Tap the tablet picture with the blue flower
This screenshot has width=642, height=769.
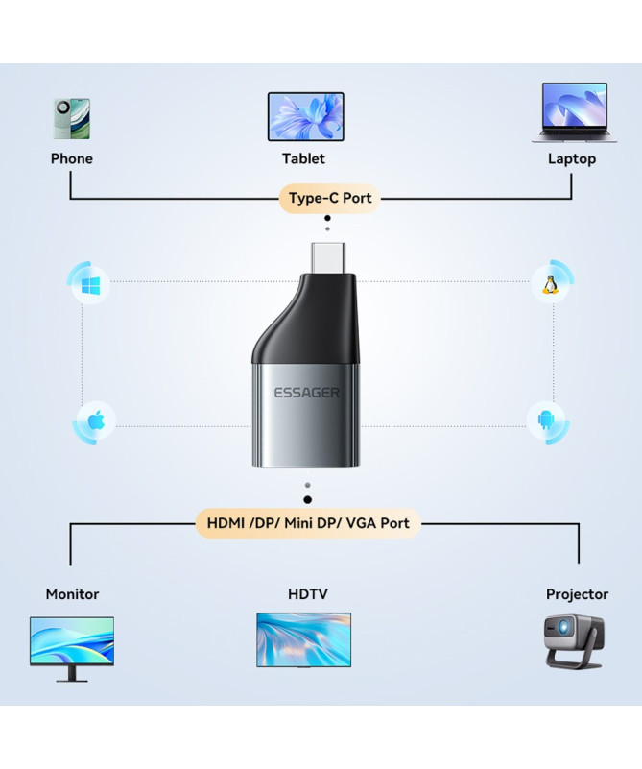tap(304, 116)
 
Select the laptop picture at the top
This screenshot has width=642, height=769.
tap(574, 113)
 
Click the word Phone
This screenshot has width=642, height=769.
tap(72, 158)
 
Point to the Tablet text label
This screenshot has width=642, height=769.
tap(303, 158)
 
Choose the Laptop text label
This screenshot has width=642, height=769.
tap(571, 158)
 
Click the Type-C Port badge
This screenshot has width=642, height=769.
tap(329, 199)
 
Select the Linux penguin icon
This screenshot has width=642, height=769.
tap(550, 285)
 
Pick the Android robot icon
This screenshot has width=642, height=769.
tap(548, 421)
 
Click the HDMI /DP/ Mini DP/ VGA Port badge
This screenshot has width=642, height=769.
tap(308, 523)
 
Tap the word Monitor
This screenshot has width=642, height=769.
tap(72, 594)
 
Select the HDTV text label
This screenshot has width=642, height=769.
tap(307, 594)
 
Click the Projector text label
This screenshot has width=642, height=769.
tap(577, 594)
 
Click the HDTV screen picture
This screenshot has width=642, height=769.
tap(303, 639)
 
